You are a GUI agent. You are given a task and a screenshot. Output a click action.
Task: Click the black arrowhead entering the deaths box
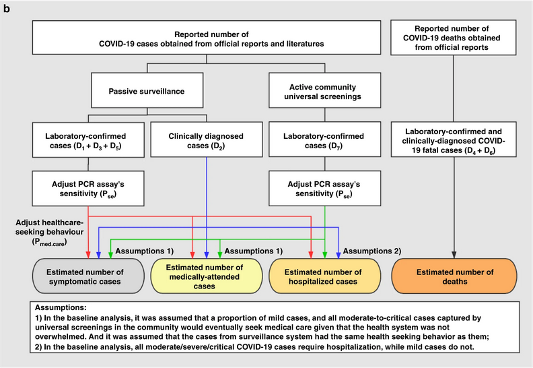[x=455, y=255]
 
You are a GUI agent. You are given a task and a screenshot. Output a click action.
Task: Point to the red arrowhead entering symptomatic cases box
[x=90, y=255]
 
